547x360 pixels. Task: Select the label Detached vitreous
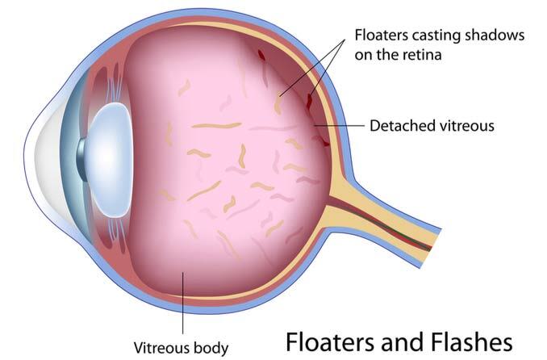pos(432,126)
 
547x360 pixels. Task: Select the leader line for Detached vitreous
pos(339,126)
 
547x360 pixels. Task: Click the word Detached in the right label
pos(400,126)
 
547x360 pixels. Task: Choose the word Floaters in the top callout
pos(379,36)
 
